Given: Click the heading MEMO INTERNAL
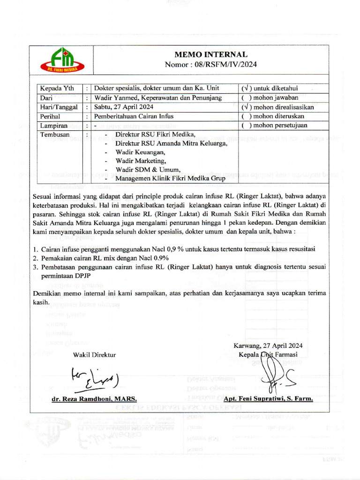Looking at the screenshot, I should point(211,55).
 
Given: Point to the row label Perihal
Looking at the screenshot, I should point(51,116).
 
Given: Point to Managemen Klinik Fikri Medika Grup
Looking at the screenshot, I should point(170,178).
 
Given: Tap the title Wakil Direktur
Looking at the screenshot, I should point(94,355).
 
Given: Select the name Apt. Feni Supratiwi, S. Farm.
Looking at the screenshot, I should point(268,398).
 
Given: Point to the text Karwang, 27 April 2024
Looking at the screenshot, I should point(268,345).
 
